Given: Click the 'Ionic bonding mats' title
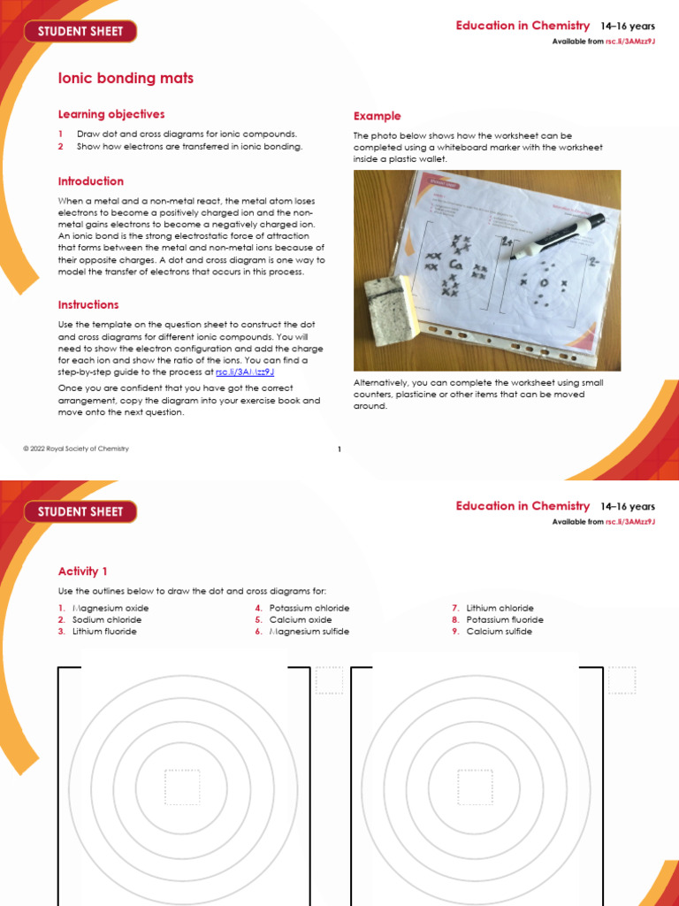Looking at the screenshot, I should click(x=126, y=79).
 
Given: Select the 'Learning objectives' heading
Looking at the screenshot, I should click(x=111, y=114).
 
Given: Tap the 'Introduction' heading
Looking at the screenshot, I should click(x=91, y=181).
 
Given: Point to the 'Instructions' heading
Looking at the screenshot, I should click(x=88, y=304).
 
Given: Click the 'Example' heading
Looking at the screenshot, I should click(x=378, y=116).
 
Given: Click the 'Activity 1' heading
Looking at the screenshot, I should click(x=83, y=572).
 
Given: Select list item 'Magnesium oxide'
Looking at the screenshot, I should click(x=111, y=608).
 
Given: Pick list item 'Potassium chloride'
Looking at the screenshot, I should click(x=309, y=608).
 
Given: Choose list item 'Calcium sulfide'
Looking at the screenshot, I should click(x=500, y=632).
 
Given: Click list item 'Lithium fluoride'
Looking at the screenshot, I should click(x=104, y=632).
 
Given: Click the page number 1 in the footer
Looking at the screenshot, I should click(x=339, y=449).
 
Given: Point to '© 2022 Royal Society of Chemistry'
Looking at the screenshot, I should click(x=76, y=449).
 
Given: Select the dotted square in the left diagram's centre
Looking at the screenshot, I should click(x=182, y=787).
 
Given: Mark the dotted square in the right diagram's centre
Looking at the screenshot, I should click(x=475, y=787).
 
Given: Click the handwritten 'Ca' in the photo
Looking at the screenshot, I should click(x=457, y=265).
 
